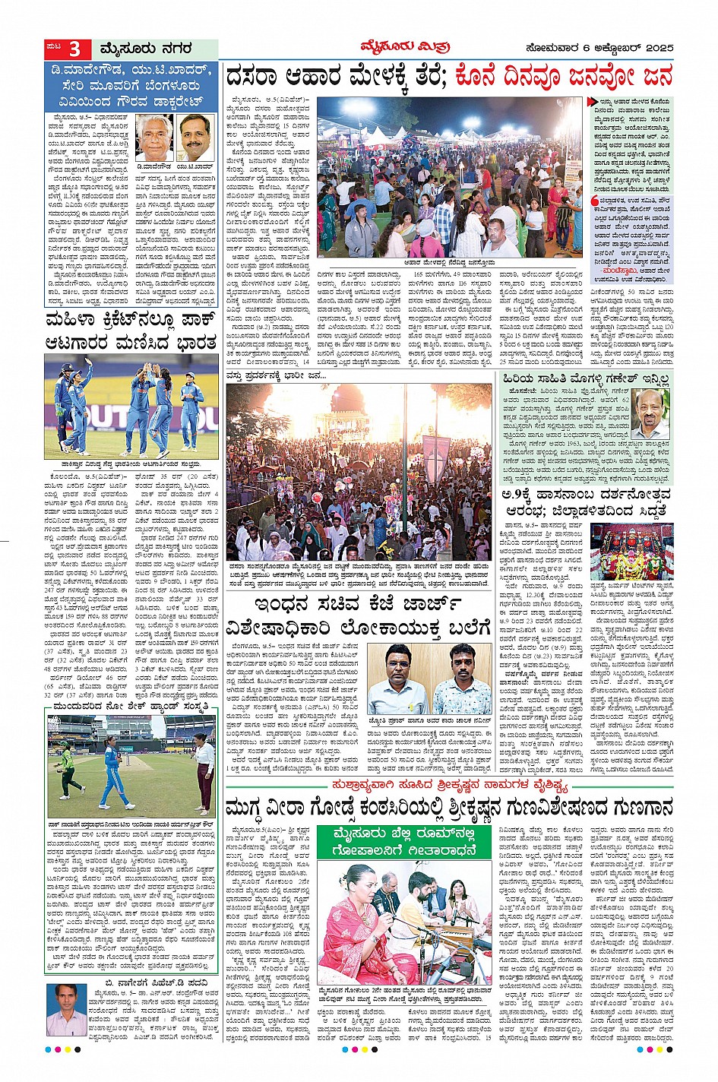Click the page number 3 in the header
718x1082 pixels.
click(x=74, y=49)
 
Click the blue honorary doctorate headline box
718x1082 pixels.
click(x=130, y=87)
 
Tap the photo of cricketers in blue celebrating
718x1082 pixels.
click(x=130, y=406)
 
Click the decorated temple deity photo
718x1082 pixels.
click(x=632, y=552)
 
